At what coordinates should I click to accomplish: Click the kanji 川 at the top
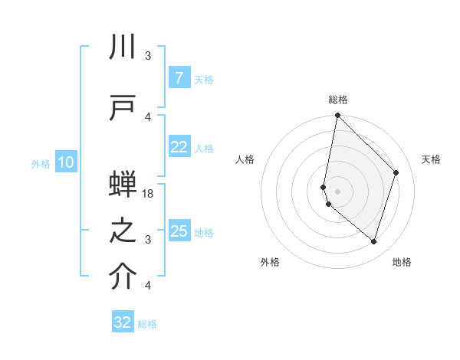pyautogui.click(x=123, y=47)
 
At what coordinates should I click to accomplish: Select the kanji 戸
pyautogui.click(x=123, y=106)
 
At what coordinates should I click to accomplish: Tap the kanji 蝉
pyautogui.click(x=123, y=186)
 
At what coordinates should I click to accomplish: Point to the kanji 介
pyautogui.click(x=123, y=277)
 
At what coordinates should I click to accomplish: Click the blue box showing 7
pyautogui.click(x=179, y=78)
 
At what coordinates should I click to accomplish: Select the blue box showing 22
pyautogui.click(x=179, y=148)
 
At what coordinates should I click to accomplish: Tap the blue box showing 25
pyautogui.click(x=179, y=231)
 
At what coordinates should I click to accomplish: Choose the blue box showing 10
pyautogui.click(x=65, y=162)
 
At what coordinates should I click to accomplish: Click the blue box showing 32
pyautogui.click(x=123, y=322)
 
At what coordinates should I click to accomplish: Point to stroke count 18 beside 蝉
pyautogui.click(x=149, y=194)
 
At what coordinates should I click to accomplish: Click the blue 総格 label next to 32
pyautogui.click(x=147, y=323)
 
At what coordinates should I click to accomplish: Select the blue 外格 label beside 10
pyautogui.click(x=41, y=163)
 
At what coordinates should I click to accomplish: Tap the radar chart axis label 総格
pyautogui.click(x=338, y=100)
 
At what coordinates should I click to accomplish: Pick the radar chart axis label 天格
pyautogui.click(x=431, y=159)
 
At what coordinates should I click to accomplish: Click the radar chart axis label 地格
pyautogui.click(x=402, y=262)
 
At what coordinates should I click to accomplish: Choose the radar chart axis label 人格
pyautogui.click(x=245, y=159)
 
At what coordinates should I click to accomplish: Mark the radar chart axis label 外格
pyautogui.click(x=270, y=262)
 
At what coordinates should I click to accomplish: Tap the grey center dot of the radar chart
pyautogui.click(x=338, y=190)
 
